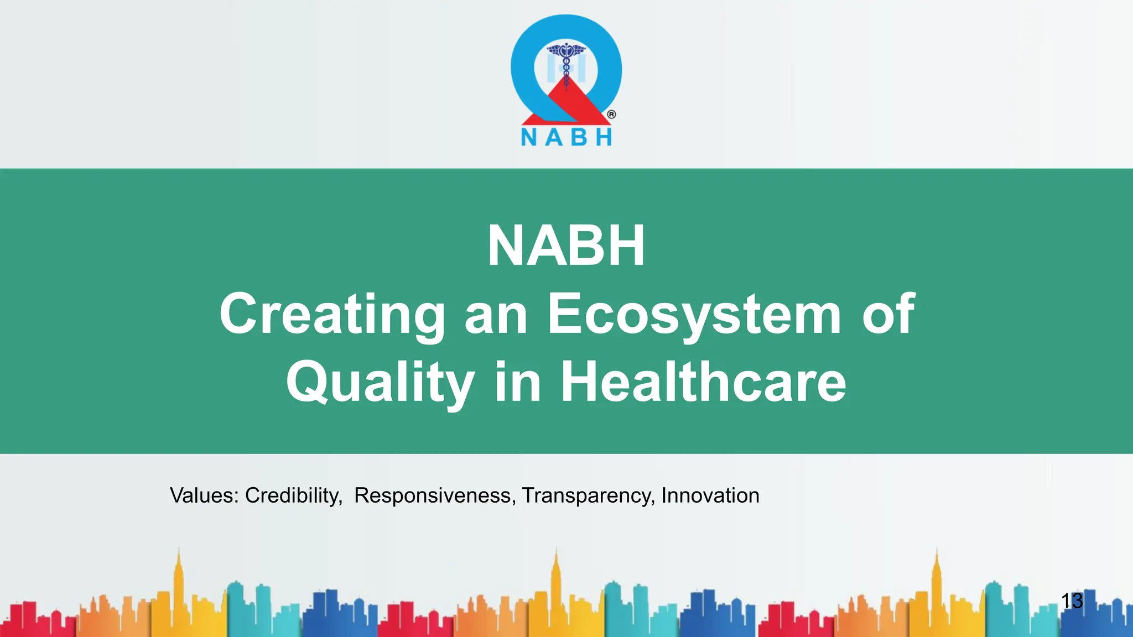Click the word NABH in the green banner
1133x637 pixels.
pos(566,246)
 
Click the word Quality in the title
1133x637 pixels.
pos(380,382)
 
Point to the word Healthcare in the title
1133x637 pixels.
pos(703,382)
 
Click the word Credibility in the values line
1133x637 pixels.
pos(293,495)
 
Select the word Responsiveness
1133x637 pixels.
pos(435,495)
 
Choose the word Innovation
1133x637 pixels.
pos(710,495)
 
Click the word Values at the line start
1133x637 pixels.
pos(204,495)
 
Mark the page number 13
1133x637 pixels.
pos(1072,601)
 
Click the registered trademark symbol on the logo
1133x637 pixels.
pos(611,114)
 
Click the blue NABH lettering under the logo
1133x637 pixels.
pos(566,137)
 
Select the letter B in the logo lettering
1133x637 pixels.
pos(579,137)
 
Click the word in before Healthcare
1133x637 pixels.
pos(517,382)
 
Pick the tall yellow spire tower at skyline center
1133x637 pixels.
pos(557,586)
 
